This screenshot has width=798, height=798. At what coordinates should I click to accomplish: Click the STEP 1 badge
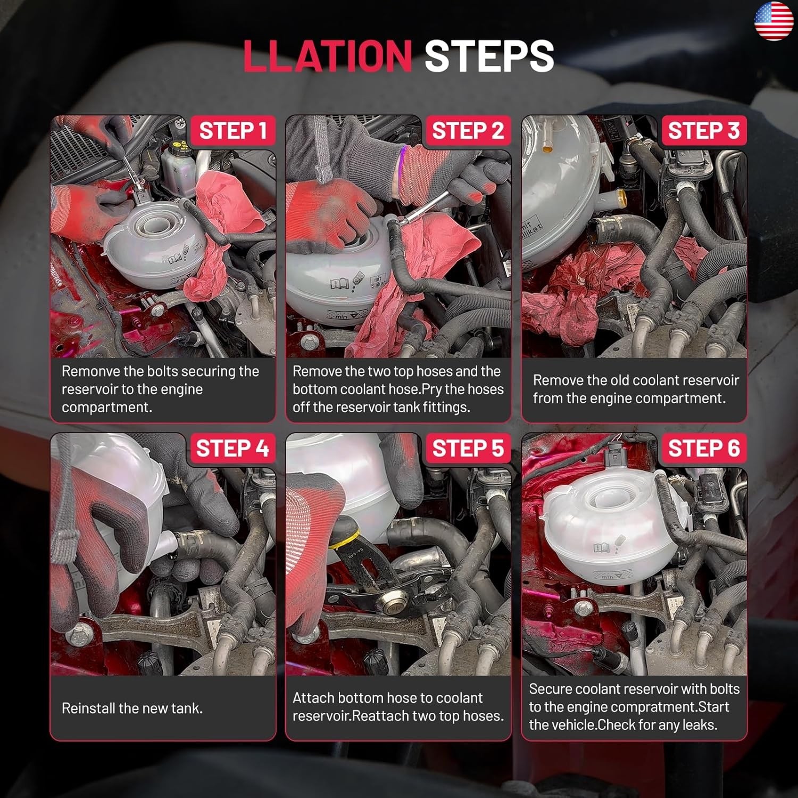pyautogui.click(x=232, y=130)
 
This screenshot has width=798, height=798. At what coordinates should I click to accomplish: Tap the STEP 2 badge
pyautogui.click(x=468, y=130)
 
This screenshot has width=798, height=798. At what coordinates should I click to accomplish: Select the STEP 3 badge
pyautogui.click(x=704, y=130)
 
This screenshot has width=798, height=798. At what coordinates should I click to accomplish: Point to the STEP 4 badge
pyautogui.click(x=232, y=448)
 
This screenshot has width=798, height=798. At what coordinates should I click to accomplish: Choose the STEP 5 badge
pyautogui.click(x=468, y=448)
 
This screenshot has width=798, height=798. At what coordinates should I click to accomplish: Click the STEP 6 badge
pyautogui.click(x=704, y=448)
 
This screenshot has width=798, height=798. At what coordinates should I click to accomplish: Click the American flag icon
pyautogui.click(x=774, y=21)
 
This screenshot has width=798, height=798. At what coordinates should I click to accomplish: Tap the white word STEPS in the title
pyautogui.click(x=489, y=56)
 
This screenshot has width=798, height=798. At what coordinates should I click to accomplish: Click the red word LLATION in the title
pyautogui.click(x=328, y=56)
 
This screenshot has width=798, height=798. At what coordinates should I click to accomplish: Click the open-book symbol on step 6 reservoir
pyautogui.click(x=601, y=547)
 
